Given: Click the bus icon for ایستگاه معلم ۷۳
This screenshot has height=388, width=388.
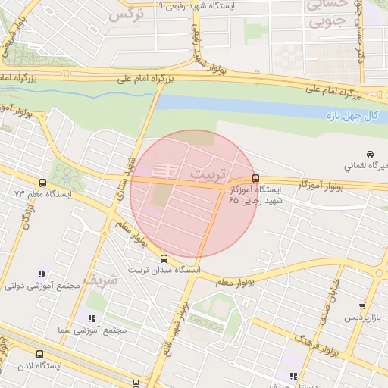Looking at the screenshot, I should click(42, 183).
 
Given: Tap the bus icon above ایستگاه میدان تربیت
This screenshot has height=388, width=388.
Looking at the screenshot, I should click(165, 258).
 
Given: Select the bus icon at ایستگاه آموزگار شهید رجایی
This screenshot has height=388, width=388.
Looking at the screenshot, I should click(255, 178).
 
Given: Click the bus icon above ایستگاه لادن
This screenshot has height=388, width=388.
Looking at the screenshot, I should click(39, 354).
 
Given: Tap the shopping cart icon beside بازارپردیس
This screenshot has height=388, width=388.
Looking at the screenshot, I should click(362, 307).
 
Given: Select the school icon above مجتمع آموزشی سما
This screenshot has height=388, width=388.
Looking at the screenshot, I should click(91, 319).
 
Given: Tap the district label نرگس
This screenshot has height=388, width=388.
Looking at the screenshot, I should click(125, 14).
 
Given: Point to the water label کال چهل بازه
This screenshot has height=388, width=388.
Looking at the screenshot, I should click(352, 115).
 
